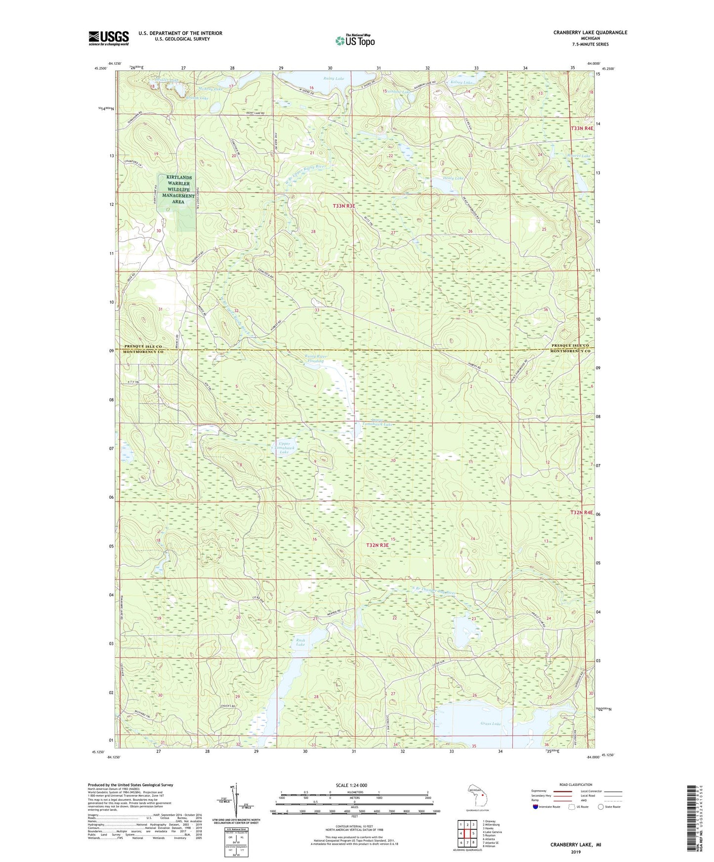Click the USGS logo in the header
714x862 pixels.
[109, 38]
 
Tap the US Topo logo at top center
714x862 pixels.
[354, 40]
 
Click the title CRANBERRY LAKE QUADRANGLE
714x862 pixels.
[590, 33]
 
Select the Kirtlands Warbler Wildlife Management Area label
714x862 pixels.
[178, 190]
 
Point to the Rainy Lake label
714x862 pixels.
[334, 78]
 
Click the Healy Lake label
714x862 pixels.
[453, 178]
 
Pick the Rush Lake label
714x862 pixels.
[300, 642]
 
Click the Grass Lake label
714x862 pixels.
[490, 724]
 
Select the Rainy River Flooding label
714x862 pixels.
[315, 358]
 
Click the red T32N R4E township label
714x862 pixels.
[582, 513]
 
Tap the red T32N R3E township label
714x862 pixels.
[378, 545]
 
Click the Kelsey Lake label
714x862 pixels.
[462, 82]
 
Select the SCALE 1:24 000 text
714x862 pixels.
[351, 785]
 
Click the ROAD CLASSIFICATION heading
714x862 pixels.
[576, 784]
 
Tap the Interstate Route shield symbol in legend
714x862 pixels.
[536, 807]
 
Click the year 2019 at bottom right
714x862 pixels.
[576, 852]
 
